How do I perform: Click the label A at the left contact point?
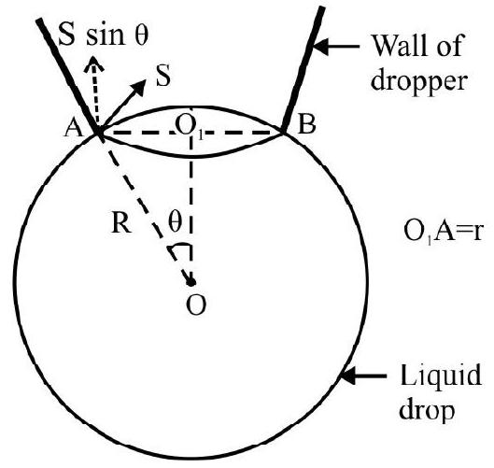tap(74, 128)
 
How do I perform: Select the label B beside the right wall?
tap(306, 125)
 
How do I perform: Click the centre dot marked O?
tap(191, 282)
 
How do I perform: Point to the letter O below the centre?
tap(196, 305)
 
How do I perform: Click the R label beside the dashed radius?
tap(121, 224)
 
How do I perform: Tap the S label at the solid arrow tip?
tap(163, 76)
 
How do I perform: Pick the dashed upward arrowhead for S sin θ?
tap(93, 64)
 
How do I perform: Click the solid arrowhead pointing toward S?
tap(138, 87)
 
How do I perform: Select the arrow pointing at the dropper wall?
tap(336, 47)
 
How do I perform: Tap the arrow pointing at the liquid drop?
tap(363, 376)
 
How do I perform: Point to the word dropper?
tap(418, 81)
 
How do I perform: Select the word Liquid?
tap(441, 375)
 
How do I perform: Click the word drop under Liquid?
tap(426, 411)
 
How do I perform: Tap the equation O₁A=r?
tap(443, 233)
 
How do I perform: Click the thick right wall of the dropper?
tap(303, 69)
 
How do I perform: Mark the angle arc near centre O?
tap(179, 248)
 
